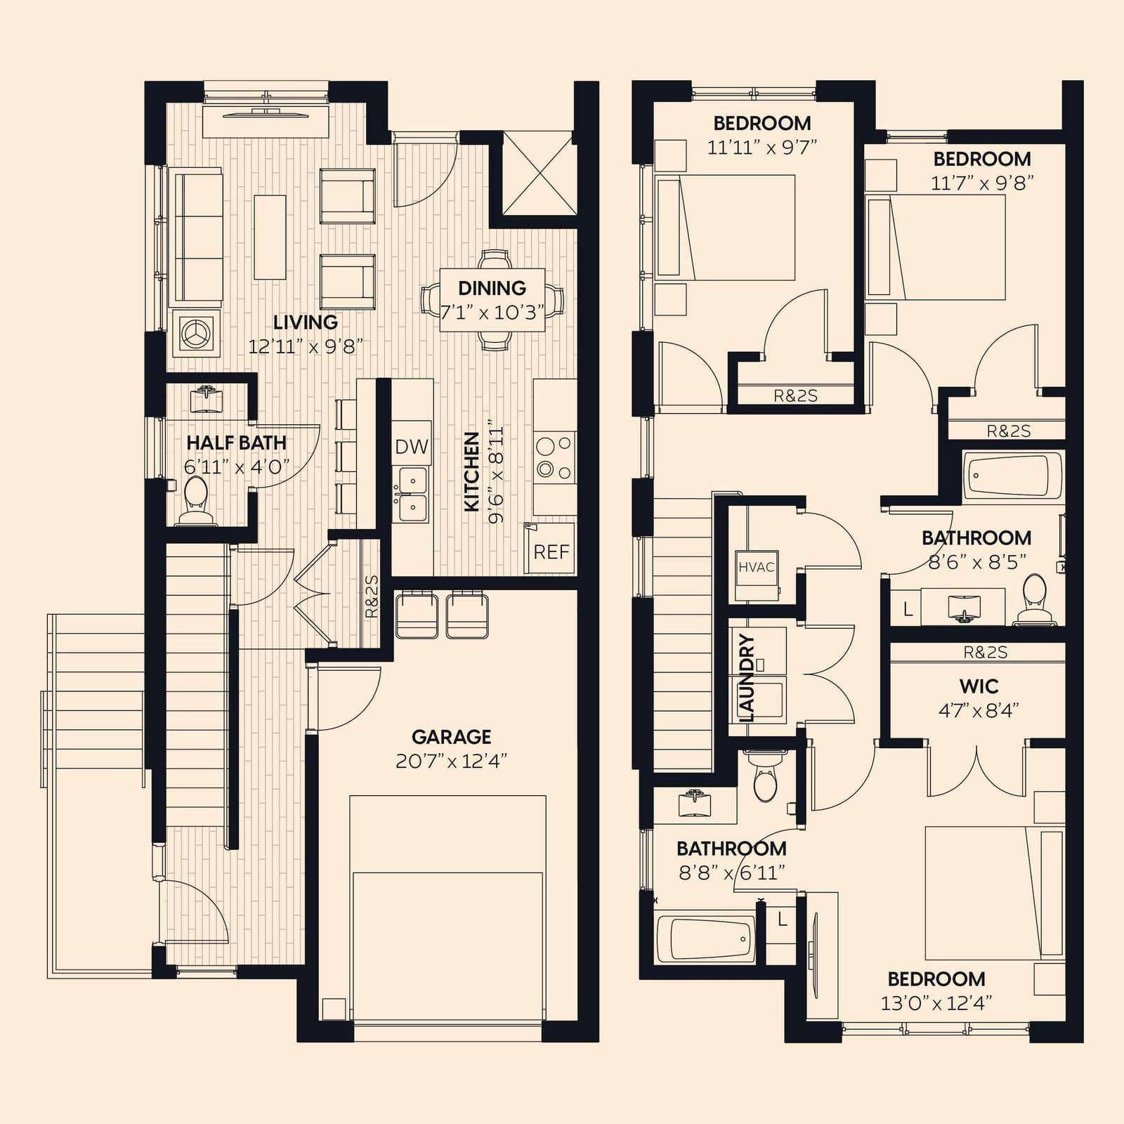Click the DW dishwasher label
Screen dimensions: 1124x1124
click(412, 446)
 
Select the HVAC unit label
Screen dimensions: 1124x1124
click(757, 567)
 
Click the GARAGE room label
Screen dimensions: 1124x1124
click(451, 737)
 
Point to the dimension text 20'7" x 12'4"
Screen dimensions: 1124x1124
click(451, 761)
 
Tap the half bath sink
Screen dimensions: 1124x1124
click(207, 399)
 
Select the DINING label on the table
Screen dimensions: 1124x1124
click(492, 288)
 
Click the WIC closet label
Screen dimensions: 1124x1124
click(979, 686)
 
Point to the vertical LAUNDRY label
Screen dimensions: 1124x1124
click(747, 678)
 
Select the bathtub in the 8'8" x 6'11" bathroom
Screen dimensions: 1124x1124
click(705, 939)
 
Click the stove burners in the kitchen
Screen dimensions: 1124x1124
click(554, 457)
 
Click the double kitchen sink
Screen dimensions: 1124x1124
click(411, 495)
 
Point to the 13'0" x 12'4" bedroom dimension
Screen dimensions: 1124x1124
click(936, 1002)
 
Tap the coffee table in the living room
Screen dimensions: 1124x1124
click(270, 237)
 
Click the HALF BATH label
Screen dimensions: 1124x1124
click(236, 443)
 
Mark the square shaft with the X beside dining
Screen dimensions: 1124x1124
click(539, 174)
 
